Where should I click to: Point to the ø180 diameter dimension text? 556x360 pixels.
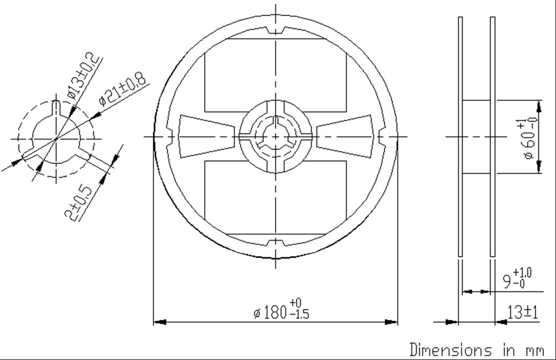point(281,310)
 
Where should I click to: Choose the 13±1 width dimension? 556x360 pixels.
point(522,312)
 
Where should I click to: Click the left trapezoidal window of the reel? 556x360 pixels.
point(206,137)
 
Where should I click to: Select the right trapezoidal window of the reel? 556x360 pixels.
point(346,137)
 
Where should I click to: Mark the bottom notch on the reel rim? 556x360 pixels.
point(276,246)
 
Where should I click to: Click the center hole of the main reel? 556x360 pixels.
point(276,137)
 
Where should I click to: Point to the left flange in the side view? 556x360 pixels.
point(459,137)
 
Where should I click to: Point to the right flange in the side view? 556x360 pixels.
point(492,137)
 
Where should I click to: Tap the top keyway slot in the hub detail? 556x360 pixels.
point(56,107)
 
